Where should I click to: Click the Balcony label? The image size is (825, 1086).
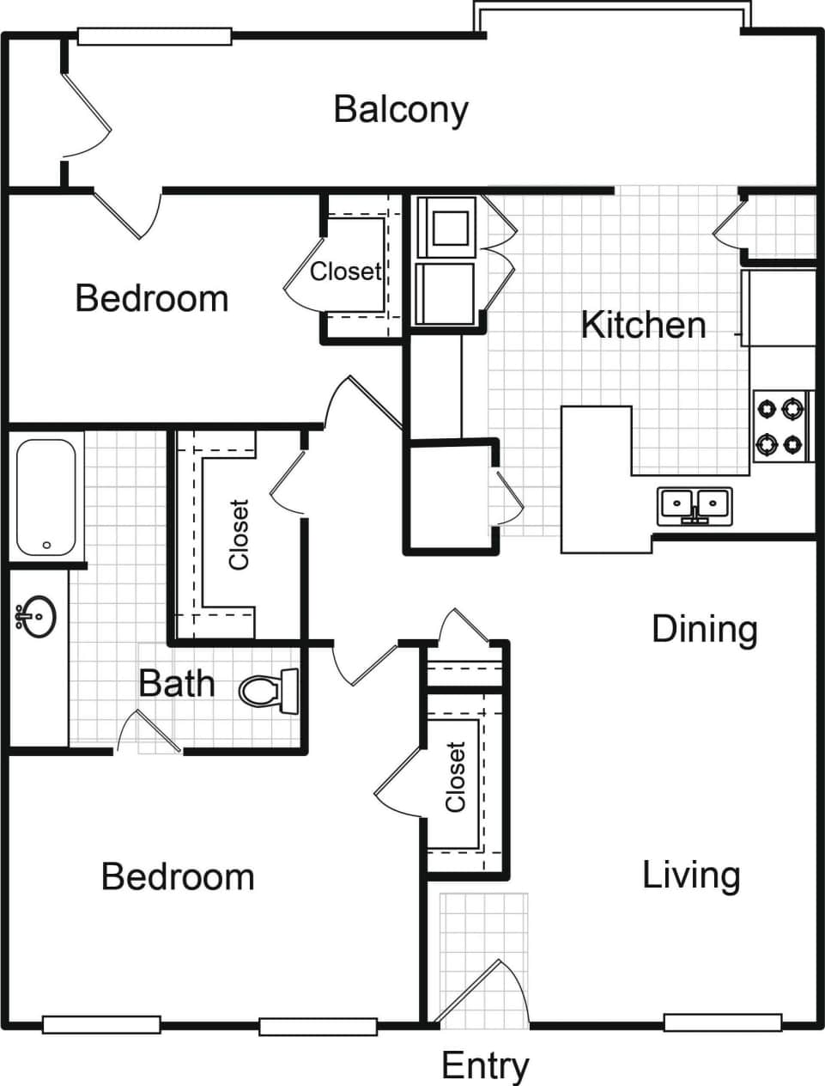click(401, 110)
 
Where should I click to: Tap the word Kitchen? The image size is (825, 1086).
click(643, 325)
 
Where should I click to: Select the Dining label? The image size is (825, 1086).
click(704, 629)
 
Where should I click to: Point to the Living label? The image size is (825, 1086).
click(691, 876)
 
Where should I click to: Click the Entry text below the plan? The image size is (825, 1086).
click(485, 1066)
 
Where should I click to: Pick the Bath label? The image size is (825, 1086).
click(177, 684)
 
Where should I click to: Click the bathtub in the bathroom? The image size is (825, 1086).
click(45, 496)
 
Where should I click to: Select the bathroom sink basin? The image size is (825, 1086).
click(37, 616)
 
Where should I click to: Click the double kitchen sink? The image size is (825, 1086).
click(695, 504)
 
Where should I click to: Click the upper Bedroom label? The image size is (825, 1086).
click(152, 298)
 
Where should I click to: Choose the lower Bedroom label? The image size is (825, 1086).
click(178, 877)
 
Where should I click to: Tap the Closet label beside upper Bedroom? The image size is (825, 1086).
click(345, 271)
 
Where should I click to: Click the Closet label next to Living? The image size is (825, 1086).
click(455, 778)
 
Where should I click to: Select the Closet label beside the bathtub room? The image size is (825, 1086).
click(239, 534)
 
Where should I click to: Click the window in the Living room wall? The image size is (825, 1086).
click(722, 1022)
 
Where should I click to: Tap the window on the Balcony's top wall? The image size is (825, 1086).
click(155, 37)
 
